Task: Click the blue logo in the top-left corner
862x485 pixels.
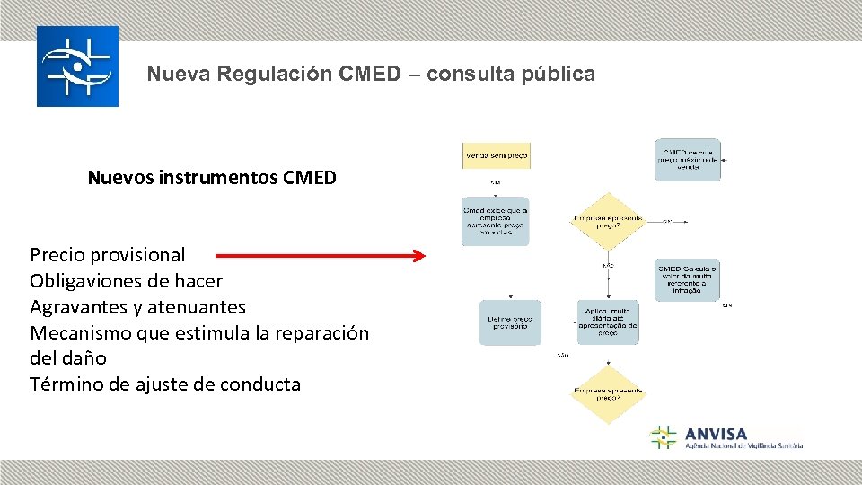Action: (x=77, y=66)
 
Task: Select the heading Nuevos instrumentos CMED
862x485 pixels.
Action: (x=212, y=178)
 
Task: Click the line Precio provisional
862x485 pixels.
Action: (x=108, y=255)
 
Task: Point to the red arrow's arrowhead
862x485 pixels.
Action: (x=418, y=256)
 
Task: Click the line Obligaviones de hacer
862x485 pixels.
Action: (x=126, y=281)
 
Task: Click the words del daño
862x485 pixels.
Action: (x=68, y=358)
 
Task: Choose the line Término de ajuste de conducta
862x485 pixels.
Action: (x=165, y=384)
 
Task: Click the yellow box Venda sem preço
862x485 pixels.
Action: (x=496, y=155)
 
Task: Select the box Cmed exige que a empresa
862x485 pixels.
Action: (x=496, y=221)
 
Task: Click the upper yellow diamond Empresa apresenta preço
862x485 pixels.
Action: (x=610, y=221)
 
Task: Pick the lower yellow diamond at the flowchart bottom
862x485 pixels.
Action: (x=610, y=393)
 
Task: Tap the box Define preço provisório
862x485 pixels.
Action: (x=510, y=322)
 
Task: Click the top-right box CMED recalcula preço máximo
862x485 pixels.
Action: (x=688, y=160)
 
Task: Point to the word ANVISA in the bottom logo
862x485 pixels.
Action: (x=716, y=434)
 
